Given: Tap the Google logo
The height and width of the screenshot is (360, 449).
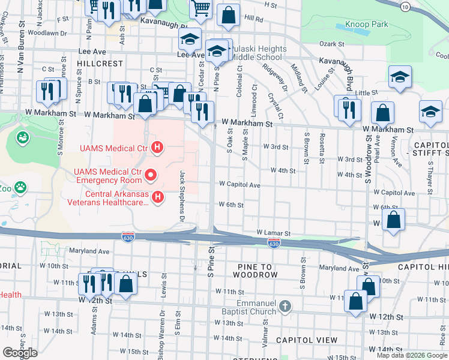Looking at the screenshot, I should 20,353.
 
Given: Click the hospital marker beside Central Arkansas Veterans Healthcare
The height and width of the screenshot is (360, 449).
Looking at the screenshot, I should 157,197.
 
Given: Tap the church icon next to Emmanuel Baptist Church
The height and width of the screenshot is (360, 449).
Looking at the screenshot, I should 285,307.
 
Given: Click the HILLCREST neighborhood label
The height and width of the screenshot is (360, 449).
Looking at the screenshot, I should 99,63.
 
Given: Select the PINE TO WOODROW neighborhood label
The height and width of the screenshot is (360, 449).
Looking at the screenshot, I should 250,275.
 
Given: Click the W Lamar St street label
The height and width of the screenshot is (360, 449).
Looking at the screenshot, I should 273,232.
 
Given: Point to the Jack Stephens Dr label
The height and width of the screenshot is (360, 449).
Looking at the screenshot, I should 182,197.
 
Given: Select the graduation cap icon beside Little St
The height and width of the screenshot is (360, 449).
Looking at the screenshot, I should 399,78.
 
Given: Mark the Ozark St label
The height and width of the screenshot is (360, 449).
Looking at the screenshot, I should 331,44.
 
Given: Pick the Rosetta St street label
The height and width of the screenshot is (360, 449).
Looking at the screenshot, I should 321,148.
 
